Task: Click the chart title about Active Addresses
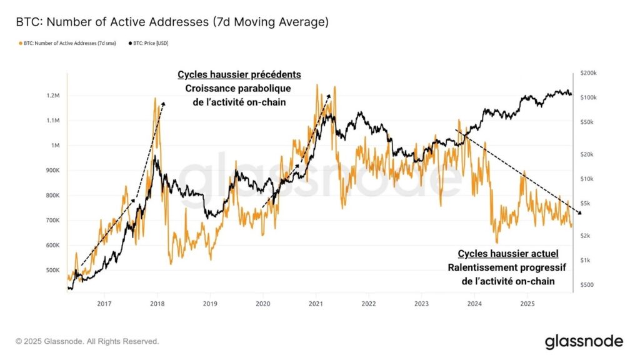pyautogui.click(x=172, y=22)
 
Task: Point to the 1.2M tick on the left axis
pyautogui.click(x=52, y=96)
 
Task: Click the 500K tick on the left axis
pyautogui.click(x=52, y=270)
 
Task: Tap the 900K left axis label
pyautogui.click(x=52, y=171)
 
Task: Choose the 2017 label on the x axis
pyautogui.click(x=104, y=304)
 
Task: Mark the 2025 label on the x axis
pyautogui.click(x=527, y=304)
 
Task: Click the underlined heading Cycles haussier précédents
pyautogui.click(x=239, y=74)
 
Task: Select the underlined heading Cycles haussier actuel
pyautogui.click(x=508, y=254)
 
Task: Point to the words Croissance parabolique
pyautogui.click(x=239, y=88)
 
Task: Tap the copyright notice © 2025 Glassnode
pyautogui.click(x=87, y=341)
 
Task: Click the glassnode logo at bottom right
pyautogui.click(x=584, y=341)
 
